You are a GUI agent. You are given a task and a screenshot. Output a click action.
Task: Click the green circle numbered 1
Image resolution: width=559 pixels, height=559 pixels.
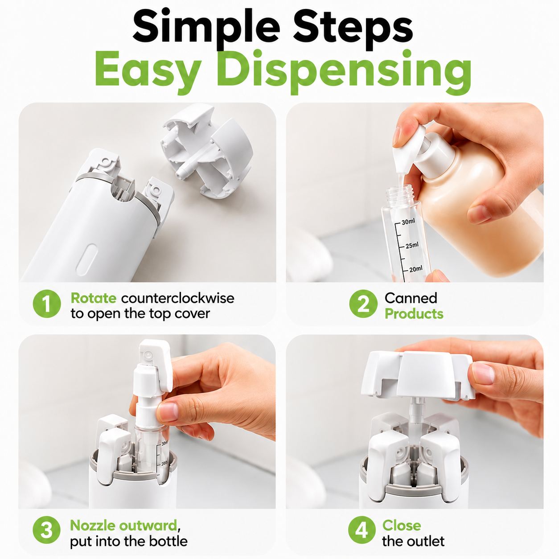pos(47,304)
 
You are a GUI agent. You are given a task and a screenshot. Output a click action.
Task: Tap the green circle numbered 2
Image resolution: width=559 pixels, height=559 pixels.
pos(363,304)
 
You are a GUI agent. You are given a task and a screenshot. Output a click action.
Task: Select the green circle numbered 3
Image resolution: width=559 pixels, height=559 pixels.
pos(46,530)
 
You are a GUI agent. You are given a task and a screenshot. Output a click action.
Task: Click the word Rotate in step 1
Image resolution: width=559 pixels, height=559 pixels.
pos(94,298)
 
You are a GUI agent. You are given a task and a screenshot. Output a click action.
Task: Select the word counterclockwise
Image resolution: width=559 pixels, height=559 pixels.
pos(177,298)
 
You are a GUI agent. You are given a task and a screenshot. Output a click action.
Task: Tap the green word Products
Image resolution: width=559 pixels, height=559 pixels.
pos(414,314)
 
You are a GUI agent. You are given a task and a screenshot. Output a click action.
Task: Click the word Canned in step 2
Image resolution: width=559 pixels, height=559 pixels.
pos(411,298)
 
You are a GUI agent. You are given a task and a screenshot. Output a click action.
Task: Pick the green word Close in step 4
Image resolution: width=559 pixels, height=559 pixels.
pos(402,525)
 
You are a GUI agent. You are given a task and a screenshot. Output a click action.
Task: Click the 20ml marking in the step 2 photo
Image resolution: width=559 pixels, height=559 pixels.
pos(416,269)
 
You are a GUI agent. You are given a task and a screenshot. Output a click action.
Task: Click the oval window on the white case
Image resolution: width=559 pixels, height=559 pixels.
pos(86,259)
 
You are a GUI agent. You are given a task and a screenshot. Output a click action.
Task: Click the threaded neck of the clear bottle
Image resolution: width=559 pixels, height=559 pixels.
pos(400,193)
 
